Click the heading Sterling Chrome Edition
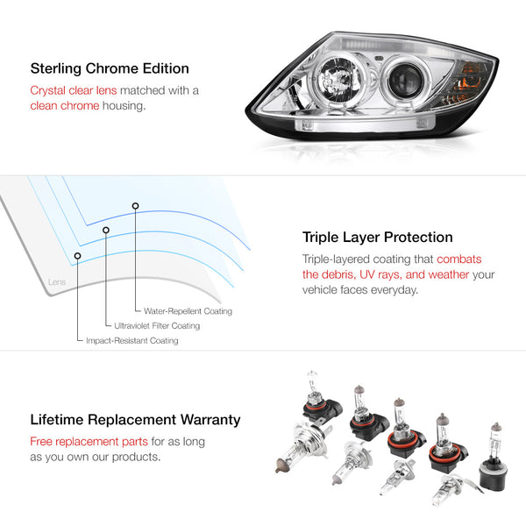(110, 68)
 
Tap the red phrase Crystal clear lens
(74, 90)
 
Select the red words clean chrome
(65, 106)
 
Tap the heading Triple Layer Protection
(377, 238)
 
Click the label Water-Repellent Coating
(188, 311)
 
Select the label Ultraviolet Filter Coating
(157, 326)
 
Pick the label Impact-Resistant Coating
(132, 340)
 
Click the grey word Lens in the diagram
(57, 281)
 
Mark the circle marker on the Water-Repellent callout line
(135, 206)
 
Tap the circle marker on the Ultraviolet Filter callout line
(106, 230)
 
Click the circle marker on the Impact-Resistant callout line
(77, 256)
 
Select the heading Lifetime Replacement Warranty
(135, 420)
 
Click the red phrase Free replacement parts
(89, 442)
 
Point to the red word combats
(458, 259)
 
